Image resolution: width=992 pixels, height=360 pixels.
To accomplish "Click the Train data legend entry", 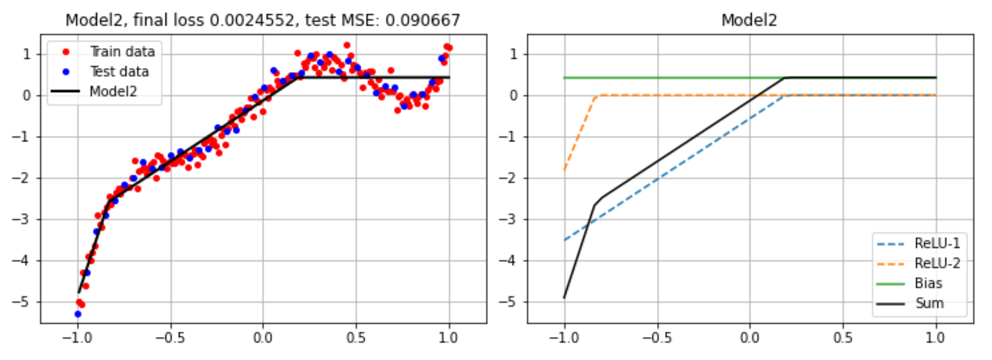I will (x=122, y=52).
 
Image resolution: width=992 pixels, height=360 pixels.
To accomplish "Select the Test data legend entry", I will (x=119, y=71).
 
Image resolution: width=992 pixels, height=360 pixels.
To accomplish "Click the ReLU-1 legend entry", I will (x=937, y=243).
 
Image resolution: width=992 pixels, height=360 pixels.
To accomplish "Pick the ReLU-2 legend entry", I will (x=937, y=263).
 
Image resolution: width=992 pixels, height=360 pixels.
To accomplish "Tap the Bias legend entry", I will (x=928, y=283).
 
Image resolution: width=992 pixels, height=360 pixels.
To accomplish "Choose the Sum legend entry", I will (x=929, y=303).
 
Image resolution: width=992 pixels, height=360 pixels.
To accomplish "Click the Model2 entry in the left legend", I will (x=113, y=92).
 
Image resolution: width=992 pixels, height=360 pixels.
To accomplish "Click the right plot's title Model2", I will (x=749, y=20).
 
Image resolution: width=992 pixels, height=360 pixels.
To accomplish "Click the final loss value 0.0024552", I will (x=252, y=20).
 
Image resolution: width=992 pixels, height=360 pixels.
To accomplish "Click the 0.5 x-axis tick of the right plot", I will (x=843, y=338).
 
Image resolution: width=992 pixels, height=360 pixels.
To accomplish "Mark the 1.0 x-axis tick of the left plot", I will (x=449, y=338).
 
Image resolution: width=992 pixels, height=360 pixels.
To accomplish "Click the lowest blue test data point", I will (x=78, y=314).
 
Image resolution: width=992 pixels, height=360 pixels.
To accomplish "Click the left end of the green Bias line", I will (x=564, y=78).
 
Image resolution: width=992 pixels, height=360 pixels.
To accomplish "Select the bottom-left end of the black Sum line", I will (x=564, y=298).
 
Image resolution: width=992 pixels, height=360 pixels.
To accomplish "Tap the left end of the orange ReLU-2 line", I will (x=564, y=170).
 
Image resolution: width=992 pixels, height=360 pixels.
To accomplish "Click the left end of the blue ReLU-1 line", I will (x=564, y=240).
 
